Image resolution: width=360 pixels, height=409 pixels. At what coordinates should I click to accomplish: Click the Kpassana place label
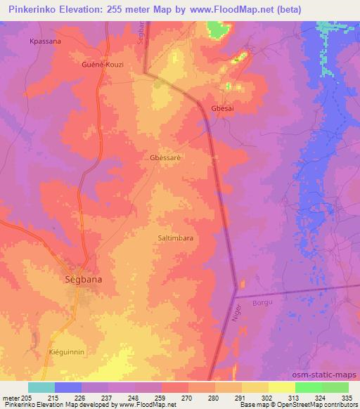coord(45,41)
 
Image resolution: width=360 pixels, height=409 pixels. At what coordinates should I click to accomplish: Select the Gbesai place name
coord(224,108)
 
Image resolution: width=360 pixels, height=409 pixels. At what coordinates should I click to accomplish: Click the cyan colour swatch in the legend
coord(41,387)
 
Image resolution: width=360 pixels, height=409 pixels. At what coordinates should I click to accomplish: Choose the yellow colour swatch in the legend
coord(282,387)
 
